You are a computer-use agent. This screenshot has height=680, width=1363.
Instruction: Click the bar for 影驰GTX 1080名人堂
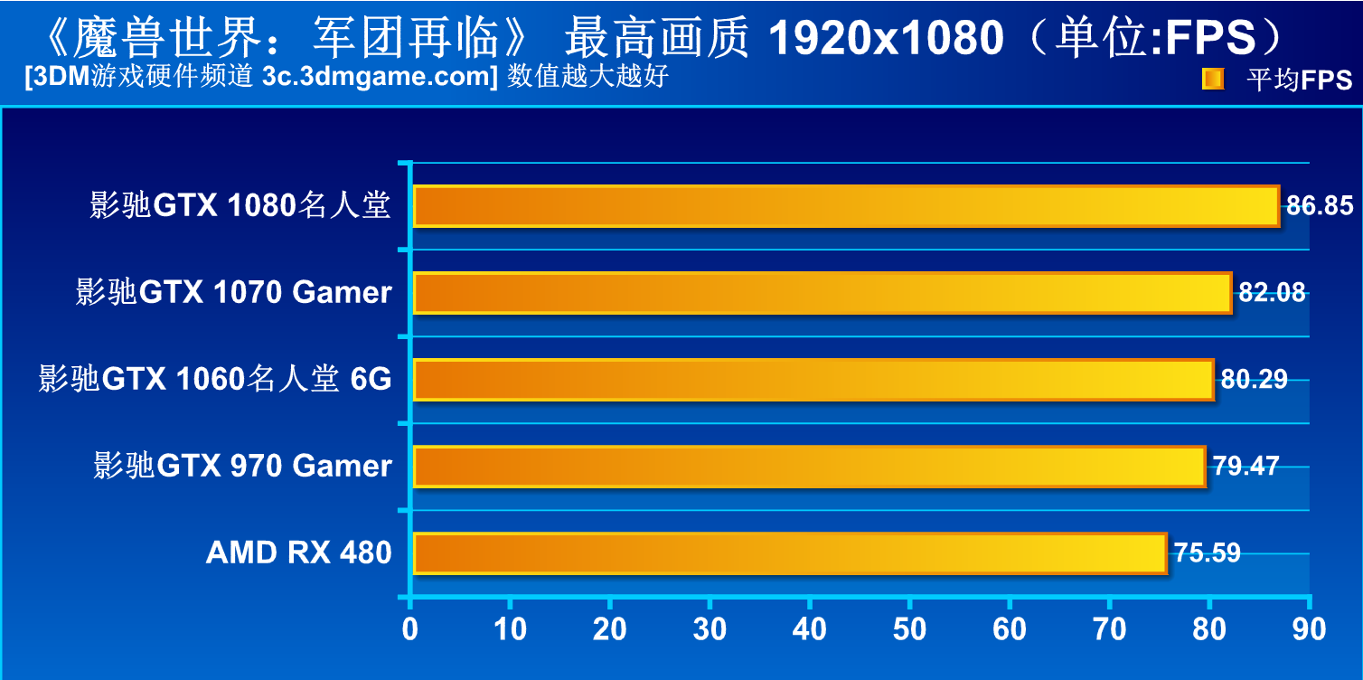(846, 206)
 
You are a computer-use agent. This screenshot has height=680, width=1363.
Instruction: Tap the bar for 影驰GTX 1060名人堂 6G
(813, 380)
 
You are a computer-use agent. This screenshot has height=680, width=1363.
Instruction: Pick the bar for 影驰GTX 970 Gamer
(809, 467)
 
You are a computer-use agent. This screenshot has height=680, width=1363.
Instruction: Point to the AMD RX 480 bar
(789, 552)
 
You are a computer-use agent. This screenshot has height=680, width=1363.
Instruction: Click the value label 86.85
(1320, 206)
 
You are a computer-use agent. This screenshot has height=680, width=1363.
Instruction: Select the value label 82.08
(1272, 293)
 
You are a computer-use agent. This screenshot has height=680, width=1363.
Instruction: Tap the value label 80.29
(1254, 380)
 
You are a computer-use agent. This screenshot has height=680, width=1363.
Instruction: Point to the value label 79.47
(1245, 467)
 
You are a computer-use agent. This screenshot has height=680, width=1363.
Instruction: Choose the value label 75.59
(1207, 552)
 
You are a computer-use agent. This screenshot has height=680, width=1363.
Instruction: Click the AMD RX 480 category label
(298, 552)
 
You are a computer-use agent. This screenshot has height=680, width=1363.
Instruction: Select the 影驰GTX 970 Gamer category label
(242, 467)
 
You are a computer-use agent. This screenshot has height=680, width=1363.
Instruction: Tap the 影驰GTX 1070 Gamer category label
(233, 293)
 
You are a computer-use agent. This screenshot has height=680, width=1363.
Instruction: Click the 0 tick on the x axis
(410, 629)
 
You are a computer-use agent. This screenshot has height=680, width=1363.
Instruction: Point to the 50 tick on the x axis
(909, 629)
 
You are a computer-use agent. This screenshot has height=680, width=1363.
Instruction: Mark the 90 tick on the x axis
(1309, 629)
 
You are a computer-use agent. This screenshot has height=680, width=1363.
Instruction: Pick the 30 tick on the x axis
(710, 629)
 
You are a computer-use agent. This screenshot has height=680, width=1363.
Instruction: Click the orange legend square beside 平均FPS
(1212, 80)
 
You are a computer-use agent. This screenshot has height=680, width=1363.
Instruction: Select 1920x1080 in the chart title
(887, 38)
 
